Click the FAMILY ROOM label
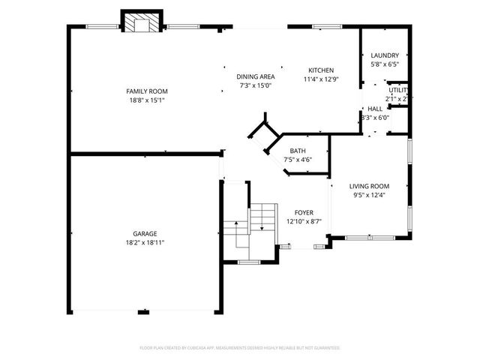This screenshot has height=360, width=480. [x=146, y=91]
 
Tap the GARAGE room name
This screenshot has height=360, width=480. [x=145, y=233]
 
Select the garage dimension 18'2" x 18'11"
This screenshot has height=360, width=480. [x=145, y=242]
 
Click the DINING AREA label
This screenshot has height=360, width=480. [x=256, y=76]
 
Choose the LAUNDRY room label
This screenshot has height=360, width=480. [x=385, y=55]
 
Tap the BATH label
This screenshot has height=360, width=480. [x=297, y=150]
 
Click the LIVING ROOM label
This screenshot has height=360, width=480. [x=370, y=186]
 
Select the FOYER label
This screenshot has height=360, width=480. [x=304, y=212]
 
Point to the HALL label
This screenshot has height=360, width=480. [x=375, y=109]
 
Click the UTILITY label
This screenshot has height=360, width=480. [x=397, y=90]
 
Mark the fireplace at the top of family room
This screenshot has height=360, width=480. [x=141, y=23]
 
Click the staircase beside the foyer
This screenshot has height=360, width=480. [x=262, y=218]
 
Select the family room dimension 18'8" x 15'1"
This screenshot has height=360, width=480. [x=146, y=100]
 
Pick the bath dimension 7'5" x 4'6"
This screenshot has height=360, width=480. [x=297, y=159]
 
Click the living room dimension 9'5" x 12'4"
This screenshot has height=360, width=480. [x=370, y=195]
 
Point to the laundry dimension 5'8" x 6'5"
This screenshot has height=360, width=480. [x=385, y=64]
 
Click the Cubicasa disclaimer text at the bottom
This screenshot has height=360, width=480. [x=240, y=348]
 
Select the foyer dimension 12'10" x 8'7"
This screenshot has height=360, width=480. [x=304, y=221]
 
